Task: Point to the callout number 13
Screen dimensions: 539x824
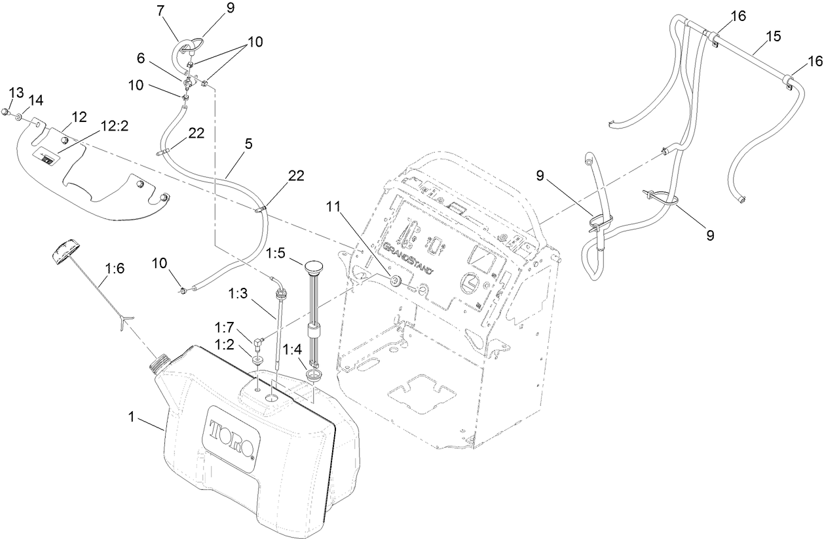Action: coord(15,91)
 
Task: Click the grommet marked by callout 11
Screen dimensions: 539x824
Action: coord(396,281)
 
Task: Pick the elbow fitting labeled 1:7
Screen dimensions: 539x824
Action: coord(259,341)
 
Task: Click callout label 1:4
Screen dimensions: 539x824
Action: coord(293,349)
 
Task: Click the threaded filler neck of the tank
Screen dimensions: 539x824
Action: coord(160,363)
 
